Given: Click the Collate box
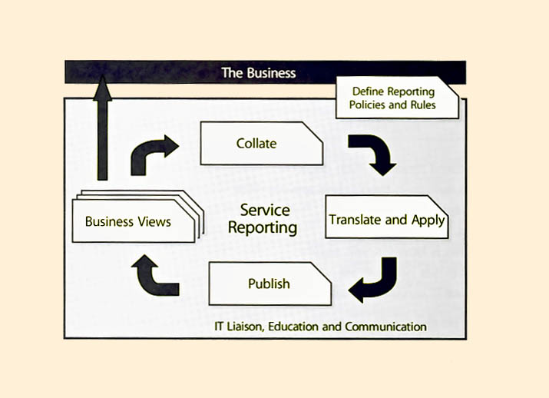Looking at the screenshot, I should (x=261, y=144).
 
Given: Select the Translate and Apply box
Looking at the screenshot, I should (x=386, y=221).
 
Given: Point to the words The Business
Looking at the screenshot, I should (x=259, y=73).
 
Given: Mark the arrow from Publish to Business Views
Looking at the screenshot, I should (x=154, y=277).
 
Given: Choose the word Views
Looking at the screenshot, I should (x=154, y=222).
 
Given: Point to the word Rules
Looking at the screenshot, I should (x=422, y=105).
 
